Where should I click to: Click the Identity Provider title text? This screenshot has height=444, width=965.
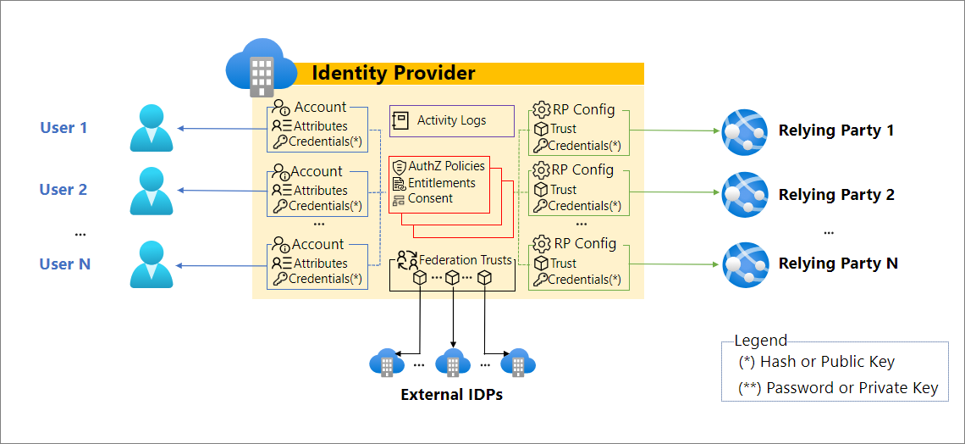394,73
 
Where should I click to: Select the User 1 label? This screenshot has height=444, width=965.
63,128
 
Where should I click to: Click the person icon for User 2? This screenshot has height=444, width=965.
152,191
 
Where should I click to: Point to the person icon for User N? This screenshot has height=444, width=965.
152,264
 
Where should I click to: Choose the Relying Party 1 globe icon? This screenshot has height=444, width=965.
744,131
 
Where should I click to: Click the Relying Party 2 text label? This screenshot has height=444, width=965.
836,195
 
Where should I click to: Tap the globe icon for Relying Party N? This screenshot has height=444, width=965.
744,264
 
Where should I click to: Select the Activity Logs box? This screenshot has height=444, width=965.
451,121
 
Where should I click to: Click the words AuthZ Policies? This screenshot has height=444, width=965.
446,166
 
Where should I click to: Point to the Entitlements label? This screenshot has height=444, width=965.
441,183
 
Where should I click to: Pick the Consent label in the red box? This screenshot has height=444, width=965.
430,199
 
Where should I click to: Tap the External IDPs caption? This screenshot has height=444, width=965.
451,394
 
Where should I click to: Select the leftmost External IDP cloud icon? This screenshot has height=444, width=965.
387,363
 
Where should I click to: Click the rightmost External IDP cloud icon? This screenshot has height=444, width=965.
517,363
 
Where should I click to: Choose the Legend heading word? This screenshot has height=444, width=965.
760,341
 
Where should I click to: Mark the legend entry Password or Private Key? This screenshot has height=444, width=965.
838,388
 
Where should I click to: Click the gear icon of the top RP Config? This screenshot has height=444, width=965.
541,110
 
